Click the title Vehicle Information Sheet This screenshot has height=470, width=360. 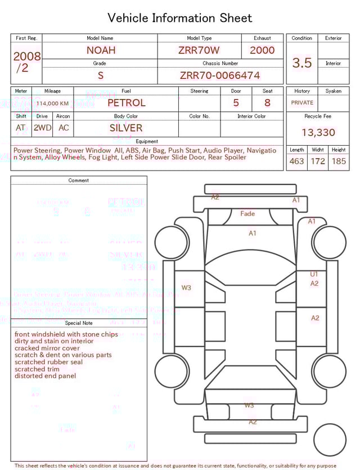click(x=180, y=18)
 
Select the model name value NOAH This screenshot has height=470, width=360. click(x=101, y=50)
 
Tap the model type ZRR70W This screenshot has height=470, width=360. click(x=199, y=50)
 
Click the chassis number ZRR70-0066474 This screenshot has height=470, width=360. click(x=220, y=75)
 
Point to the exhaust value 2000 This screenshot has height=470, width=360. click(x=262, y=50)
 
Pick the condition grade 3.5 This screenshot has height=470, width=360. click(x=302, y=63)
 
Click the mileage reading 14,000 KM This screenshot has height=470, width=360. click(x=53, y=104)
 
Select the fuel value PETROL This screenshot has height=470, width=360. click(x=126, y=103)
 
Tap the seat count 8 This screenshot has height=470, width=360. click(x=267, y=103)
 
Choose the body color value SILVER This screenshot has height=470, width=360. click(x=126, y=128)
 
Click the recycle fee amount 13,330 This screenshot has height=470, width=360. click(x=318, y=133)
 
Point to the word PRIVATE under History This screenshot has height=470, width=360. click(x=302, y=103)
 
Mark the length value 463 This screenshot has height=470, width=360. click(x=296, y=162)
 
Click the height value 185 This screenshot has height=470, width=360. click(x=339, y=162)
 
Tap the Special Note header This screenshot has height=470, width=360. click(x=79, y=323)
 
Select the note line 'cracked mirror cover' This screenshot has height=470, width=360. click(x=47, y=348)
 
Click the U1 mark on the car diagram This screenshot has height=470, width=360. click(x=314, y=275)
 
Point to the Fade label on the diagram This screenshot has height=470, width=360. click(x=247, y=214)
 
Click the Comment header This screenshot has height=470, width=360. click(x=79, y=181)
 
